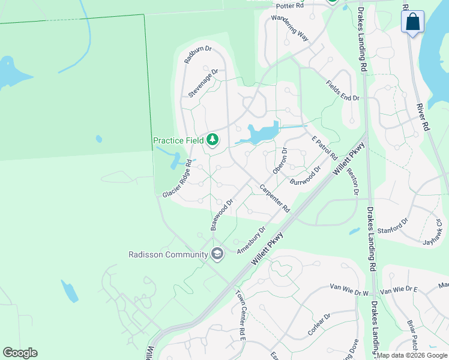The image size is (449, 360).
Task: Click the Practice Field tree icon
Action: tap(212, 140)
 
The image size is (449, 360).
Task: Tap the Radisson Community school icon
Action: tap(217, 254)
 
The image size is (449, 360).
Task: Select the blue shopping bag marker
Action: tap(412, 22)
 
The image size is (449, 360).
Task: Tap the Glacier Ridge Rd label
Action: tap(177, 179)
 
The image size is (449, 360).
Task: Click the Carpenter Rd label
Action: tap(275, 199)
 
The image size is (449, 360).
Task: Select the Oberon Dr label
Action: tap(280, 161)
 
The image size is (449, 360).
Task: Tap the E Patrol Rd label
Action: tap(324, 148)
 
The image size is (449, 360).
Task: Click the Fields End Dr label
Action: tap(342, 91)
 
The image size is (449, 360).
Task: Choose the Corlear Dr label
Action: tap(319, 325)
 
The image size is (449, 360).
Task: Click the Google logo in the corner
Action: tap(20, 353)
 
